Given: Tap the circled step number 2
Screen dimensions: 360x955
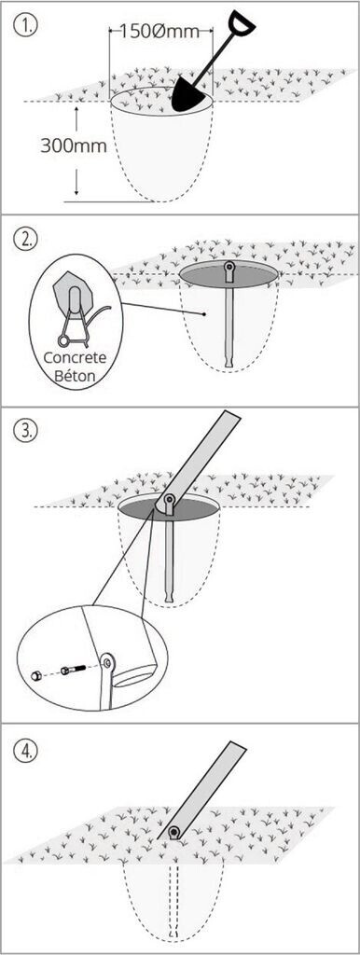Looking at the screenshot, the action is (x=25, y=238).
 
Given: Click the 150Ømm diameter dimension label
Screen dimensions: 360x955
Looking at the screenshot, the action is (x=159, y=31).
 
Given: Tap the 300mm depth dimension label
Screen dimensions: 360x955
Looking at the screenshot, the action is (x=73, y=146).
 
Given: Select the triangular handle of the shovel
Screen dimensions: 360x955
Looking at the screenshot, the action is (x=242, y=23).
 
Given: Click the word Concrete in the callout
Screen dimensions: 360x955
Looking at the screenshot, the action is (x=75, y=357).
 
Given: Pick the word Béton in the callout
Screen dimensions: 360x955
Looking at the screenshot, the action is (x=76, y=375).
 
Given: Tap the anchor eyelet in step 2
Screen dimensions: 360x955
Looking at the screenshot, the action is (x=229, y=267).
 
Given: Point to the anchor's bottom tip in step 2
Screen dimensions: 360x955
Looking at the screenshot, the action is (x=228, y=366).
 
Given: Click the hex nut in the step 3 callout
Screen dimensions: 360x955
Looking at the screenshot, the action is (x=35, y=675).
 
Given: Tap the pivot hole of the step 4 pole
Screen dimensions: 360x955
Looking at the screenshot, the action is (x=174, y=831).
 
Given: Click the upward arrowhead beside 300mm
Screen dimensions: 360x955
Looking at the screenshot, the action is (x=76, y=110).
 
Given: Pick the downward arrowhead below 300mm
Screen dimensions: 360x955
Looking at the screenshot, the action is (x=76, y=189).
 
